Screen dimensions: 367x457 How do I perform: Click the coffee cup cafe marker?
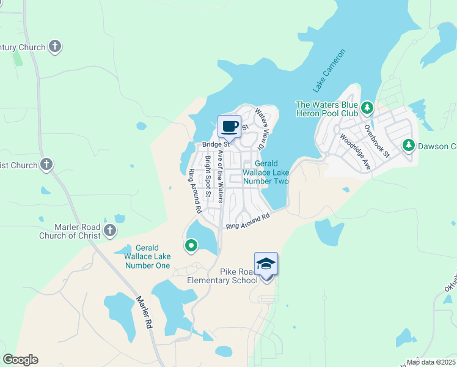pos(230,127)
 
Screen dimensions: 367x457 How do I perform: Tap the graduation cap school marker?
pos(266,264)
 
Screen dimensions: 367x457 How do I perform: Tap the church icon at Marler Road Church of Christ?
pos(110,230)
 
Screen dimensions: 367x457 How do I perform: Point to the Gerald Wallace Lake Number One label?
pos(147,257)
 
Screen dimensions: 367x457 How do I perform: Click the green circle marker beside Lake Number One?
pos(191,246)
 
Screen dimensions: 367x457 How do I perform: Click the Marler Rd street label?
pos(144,313)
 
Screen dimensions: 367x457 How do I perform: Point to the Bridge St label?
pos(215,144)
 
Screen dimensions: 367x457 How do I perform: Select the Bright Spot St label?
pos(208,176)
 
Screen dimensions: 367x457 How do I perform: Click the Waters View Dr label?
pos(261,129)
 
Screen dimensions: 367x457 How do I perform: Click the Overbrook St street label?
pos(377,142)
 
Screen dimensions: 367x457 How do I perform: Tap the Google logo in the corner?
pos(20,360)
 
